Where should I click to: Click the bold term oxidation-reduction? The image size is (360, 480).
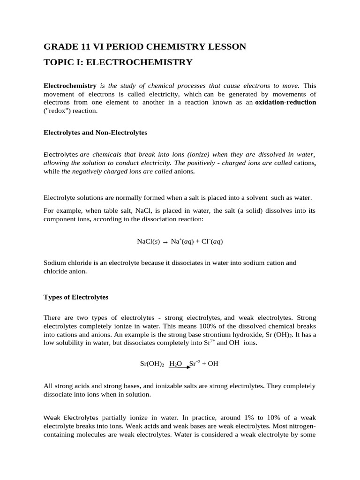click(285, 102)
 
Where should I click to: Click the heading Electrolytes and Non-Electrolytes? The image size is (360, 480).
click(95, 133)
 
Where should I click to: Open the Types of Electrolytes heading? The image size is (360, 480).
click(75, 297)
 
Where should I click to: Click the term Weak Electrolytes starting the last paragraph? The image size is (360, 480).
click(71, 417)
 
